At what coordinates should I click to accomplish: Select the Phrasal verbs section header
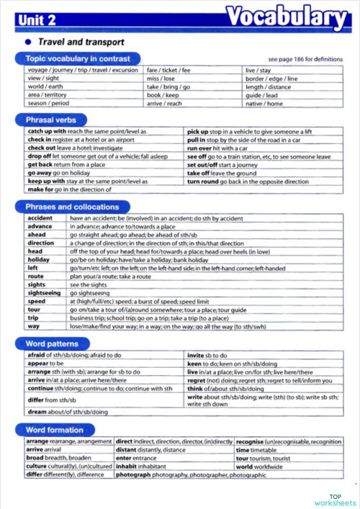click(x=52, y=120)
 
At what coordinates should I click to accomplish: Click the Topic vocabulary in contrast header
click(x=78, y=58)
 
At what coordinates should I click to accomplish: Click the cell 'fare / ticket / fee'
click(x=168, y=70)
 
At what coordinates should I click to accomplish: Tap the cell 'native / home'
click(x=264, y=103)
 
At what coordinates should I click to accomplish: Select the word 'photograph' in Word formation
click(x=134, y=475)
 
